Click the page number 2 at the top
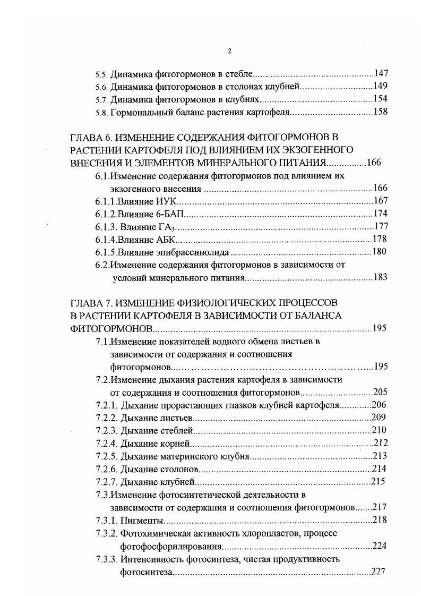pos(229,51)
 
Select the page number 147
pos(381,73)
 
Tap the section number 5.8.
pos(101,112)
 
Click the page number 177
pos(381,226)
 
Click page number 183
pos(381,277)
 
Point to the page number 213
pos(381,456)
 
